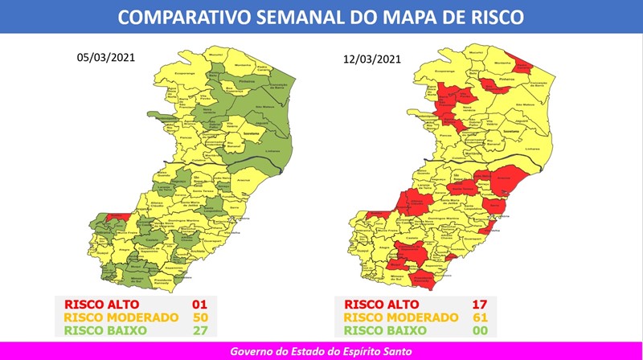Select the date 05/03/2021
(x=104, y=58)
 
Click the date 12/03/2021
(x=371, y=59)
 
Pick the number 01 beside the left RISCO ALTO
(x=200, y=305)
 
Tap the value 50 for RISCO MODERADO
(x=200, y=317)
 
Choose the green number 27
(x=200, y=330)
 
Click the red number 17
(x=481, y=305)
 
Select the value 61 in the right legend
(x=481, y=317)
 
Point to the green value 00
(x=481, y=330)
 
